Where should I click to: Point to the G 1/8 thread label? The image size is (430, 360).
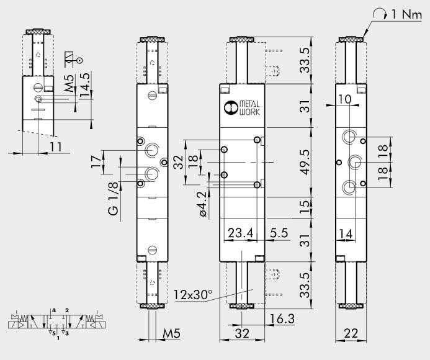point(114,199)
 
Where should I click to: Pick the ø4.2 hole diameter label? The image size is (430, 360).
point(202,204)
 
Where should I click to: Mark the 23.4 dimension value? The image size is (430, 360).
point(241,233)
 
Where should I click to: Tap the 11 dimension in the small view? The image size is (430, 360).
point(56,146)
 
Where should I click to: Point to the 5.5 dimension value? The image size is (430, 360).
point(277,233)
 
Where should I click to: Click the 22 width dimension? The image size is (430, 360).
point(351,333)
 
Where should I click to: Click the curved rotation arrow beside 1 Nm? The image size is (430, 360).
point(380,14)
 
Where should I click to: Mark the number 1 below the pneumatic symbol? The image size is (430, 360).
point(58,338)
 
